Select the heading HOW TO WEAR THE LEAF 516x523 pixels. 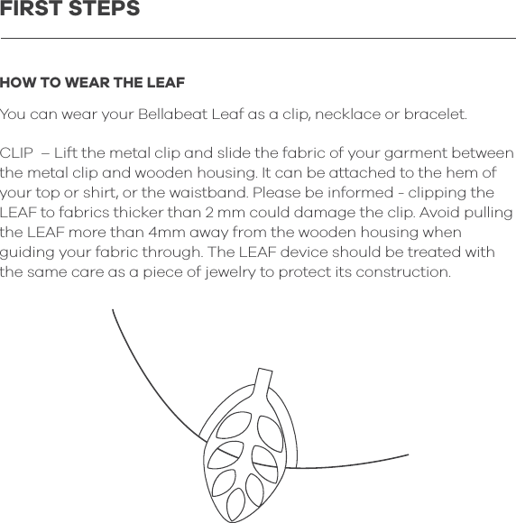tap(92, 84)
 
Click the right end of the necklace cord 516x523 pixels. tap(407, 454)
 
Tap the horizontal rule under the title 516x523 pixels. tap(258, 39)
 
